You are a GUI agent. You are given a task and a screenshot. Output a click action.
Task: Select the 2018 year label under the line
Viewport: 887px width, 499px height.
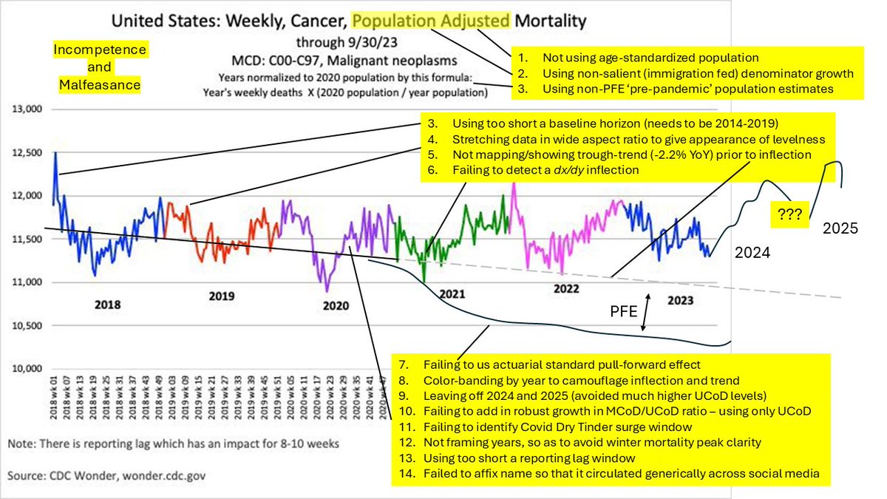pyautogui.click(x=108, y=304)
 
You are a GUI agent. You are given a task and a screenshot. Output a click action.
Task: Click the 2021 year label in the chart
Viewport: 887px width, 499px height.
pyautogui.click(x=452, y=293)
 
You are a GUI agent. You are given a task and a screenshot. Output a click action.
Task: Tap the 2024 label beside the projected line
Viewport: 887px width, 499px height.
pyautogui.click(x=751, y=251)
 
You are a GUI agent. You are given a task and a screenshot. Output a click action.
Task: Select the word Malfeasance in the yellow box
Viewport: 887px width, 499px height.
pyautogui.click(x=100, y=85)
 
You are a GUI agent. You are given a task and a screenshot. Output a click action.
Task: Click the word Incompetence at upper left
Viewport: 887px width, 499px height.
pyautogui.click(x=100, y=50)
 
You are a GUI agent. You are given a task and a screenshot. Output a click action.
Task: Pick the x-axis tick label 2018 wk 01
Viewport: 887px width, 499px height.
pyautogui.click(x=55, y=397)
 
